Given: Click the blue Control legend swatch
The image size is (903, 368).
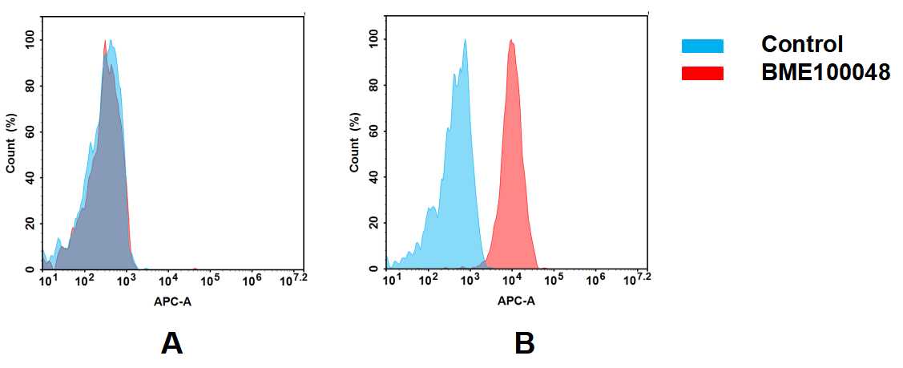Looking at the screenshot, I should [x=702, y=46].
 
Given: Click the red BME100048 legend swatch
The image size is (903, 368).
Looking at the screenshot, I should [x=702, y=73].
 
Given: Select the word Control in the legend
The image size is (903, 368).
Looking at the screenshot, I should [x=802, y=45].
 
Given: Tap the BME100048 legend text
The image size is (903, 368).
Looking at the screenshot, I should [x=825, y=73].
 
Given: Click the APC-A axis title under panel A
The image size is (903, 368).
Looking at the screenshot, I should [x=171, y=302].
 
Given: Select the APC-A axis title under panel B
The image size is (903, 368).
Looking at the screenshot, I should [x=516, y=302].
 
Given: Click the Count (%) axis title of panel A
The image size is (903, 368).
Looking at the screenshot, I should [x=11, y=144].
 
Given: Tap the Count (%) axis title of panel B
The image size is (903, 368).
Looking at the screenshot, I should [x=354, y=144].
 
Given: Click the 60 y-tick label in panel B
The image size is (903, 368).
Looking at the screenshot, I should [x=373, y=131].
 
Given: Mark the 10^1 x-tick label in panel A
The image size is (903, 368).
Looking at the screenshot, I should [x=47, y=280].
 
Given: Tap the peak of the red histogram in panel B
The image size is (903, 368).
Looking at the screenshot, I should [x=510, y=40].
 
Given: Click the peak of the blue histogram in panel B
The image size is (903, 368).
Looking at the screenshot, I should [x=465, y=40].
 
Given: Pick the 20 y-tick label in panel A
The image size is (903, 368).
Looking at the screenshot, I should [x=30, y=224].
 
